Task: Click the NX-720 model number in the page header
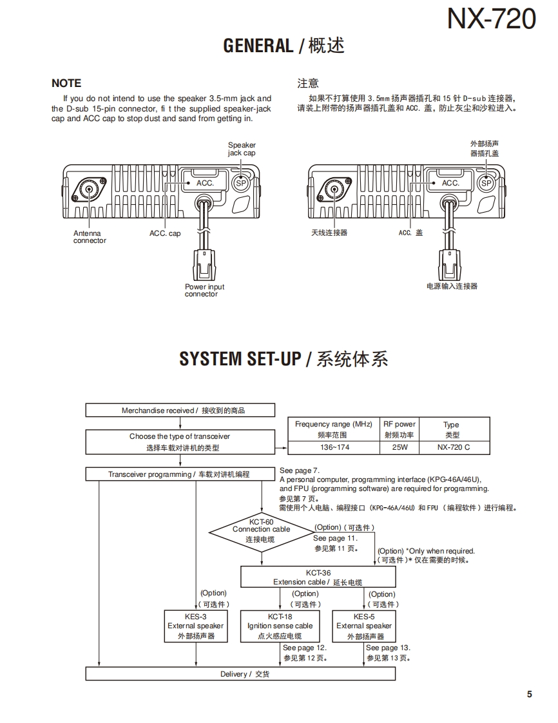click(492, 19)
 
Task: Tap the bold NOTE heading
click(66, 83)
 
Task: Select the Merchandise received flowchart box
click(180, 410)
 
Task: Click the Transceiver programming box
click(179, 474)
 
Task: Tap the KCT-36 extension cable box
click(318, 577)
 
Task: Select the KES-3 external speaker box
click(195, 626)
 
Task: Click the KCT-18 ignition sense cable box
click(280, 626)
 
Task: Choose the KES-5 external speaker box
click(364, 626)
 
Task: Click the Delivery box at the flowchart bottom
click(240, 674)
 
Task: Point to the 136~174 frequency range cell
click(334, 447)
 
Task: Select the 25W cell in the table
click(399, 447)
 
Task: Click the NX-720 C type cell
click(454, 447)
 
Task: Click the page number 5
click(530, 694)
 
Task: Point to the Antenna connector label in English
click(89, 237)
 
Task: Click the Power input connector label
click(204, 290)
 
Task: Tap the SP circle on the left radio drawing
click(241, 184)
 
